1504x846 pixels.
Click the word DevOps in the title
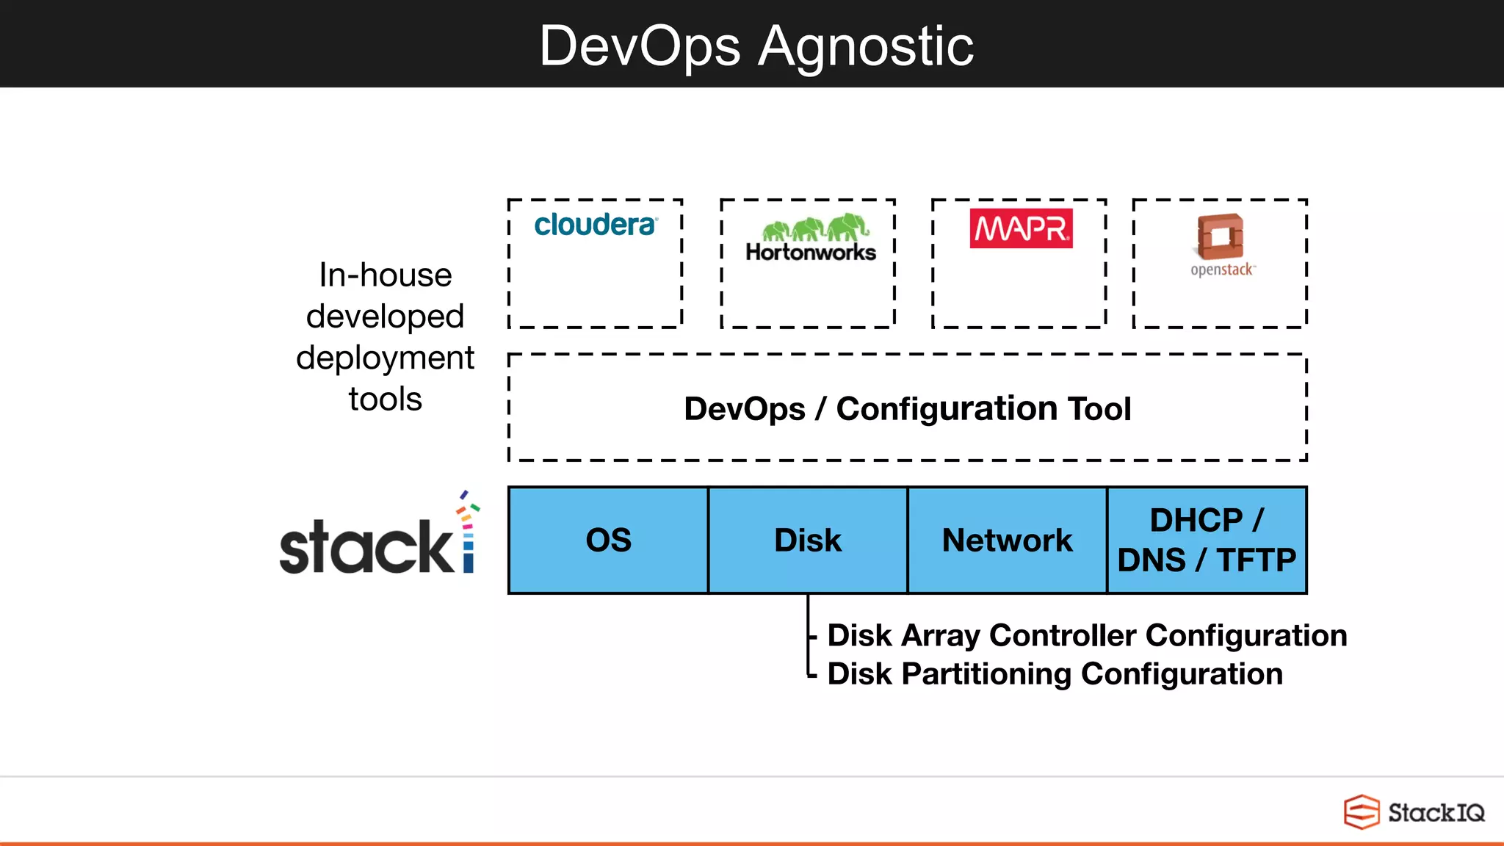(x=639, y=46)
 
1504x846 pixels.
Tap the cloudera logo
(x=595, y=225)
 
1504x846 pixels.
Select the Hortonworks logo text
(x=811, y=253)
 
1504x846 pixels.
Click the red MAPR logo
(x=1021, y=228)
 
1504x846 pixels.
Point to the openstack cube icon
(x=1221, y=236)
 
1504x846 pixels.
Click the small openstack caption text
(x=1222, y=270)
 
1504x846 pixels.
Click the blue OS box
(x=608, y=540)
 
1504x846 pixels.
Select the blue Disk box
(x=808, y=540)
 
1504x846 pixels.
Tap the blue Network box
(x=1007, y=540)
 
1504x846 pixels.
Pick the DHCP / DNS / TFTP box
(x=1207, y=540)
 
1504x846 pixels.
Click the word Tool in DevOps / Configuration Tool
(x=1099, y=409)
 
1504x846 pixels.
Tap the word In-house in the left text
(x=386, y=275)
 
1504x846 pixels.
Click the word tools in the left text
(x=386, y=399)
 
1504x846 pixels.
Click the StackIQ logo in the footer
(x=1414, y=812)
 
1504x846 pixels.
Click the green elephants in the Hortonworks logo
(x=815, y=228)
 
